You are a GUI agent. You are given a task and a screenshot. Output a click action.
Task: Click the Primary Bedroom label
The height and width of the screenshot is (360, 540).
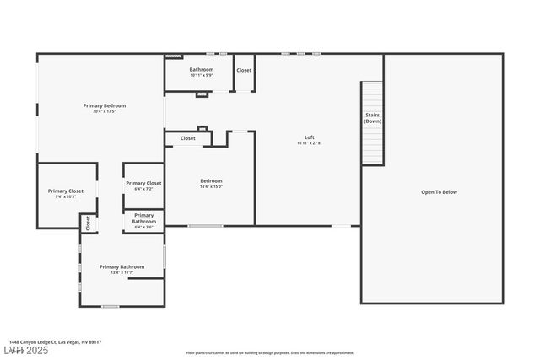point(104,105)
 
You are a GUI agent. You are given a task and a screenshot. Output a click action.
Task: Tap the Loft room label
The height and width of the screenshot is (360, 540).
point(310,137)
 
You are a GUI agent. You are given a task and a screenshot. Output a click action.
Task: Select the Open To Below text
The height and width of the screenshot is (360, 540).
point(439,192)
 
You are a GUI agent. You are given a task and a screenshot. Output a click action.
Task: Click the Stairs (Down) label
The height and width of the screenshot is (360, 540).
point(372,117)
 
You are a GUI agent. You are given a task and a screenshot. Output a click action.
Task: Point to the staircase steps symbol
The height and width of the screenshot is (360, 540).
point(372,143)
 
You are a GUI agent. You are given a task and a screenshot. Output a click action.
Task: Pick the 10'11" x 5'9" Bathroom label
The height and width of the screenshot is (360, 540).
point(201,70)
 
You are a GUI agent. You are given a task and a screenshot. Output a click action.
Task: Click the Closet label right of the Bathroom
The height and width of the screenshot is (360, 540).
point(244,70)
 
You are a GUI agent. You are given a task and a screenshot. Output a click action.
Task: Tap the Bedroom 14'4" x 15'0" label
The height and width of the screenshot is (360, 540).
point(211,181)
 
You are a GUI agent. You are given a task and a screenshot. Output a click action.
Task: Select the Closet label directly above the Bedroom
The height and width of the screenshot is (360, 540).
point(187,138)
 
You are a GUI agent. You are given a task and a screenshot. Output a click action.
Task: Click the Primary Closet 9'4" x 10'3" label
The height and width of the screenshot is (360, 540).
point(65,191)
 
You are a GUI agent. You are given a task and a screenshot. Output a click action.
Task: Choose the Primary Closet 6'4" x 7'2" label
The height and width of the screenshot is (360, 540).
point(143,183)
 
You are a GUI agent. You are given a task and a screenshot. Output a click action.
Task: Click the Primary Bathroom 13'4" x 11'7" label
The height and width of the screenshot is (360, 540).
point(121,267)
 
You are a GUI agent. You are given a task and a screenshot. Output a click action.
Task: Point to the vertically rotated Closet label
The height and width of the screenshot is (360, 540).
point(88,223)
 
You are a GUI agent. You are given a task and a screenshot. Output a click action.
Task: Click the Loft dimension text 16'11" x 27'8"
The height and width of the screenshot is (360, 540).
point(310,143)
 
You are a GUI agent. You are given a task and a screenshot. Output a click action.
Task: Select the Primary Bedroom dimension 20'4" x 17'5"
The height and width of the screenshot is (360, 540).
point(104,111)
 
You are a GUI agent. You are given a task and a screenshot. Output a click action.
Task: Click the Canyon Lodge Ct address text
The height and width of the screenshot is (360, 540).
point(55,341)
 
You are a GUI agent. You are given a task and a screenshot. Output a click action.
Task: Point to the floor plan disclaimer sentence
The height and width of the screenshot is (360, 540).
point(269,352)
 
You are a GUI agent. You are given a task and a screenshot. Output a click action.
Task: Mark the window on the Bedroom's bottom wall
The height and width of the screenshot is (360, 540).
point(205,225)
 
